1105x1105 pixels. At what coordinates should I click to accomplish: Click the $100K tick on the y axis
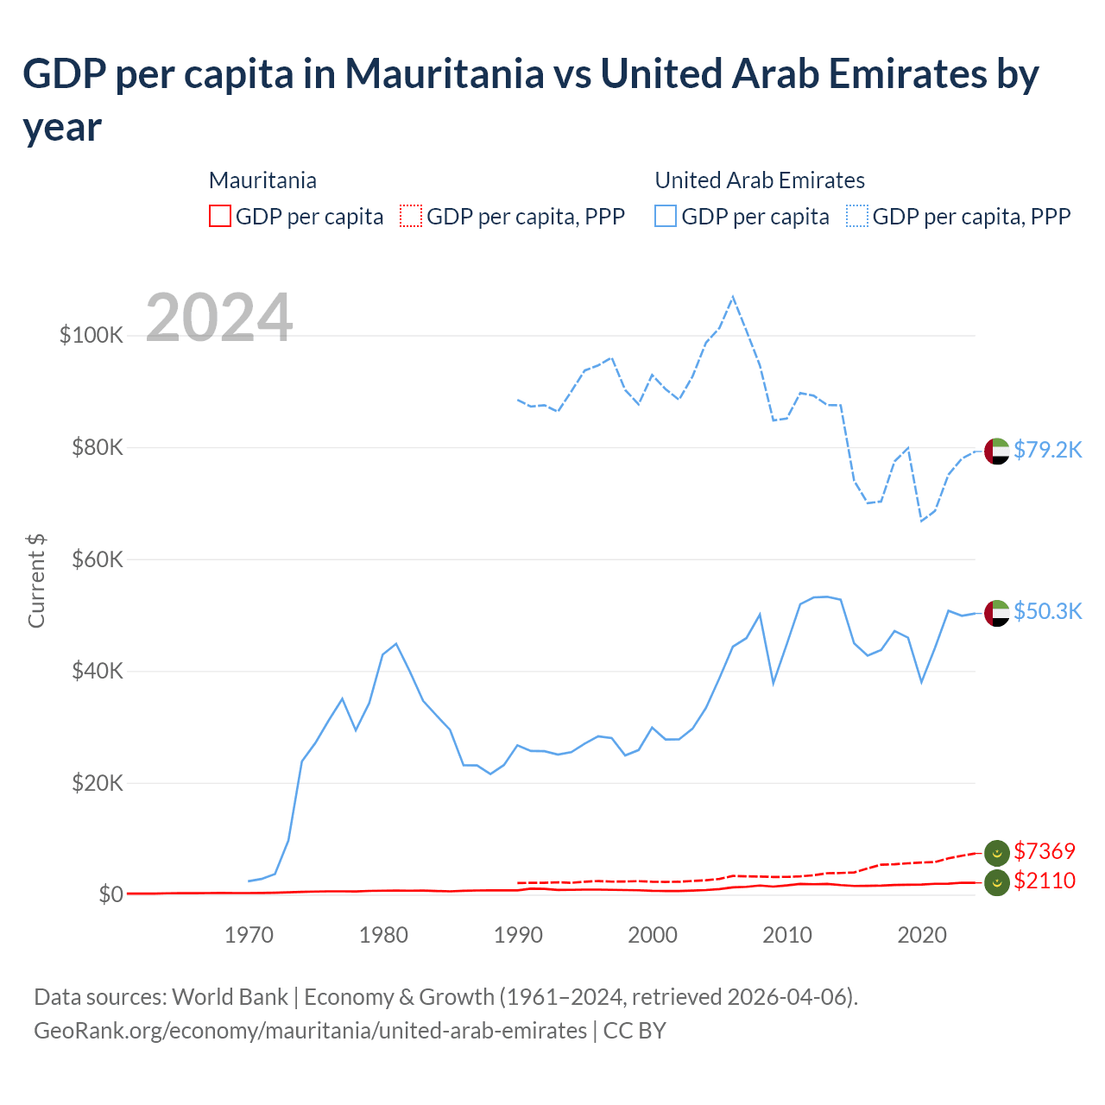pyautogui.click(x=92, y=335)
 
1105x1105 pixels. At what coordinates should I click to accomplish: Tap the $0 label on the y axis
pyautogui.click(x=110, y=894)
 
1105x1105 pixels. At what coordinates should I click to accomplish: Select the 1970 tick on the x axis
pyautogui.click(x=249, y=935)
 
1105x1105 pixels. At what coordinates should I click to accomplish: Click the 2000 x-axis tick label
pyautogui.click(x=653, y=935)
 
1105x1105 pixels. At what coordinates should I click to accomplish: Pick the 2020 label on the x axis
pyautogui.click(x=922, y=935)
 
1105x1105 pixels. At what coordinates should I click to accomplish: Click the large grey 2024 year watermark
pyautogui.click(x=219, y=318)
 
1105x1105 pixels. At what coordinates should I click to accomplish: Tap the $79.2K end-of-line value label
pyautogui.click(x=1047, y=450)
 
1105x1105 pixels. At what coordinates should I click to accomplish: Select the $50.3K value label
pyautogui.click(x=1047, y=611)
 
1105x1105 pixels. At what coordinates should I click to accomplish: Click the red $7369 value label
pyautogui.click(x=1045, y=851)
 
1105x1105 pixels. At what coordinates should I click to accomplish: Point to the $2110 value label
pyautogui.click(x=1045, y=881)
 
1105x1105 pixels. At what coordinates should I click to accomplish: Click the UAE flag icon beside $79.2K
pyautogui.click(x=997, y=451)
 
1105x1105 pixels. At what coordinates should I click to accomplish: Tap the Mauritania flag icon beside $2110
pyautogui.click(x=997, y=882)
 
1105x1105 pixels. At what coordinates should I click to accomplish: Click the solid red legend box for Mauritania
pyautogui.click(x=220, y=216)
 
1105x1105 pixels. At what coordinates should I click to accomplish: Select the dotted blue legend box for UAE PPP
pyautogui.click(x=857, y=216)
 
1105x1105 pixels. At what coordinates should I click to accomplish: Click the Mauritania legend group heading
pyautogui.click(x=262, y=180)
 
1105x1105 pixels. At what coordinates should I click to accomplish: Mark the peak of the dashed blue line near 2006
pyautogui.click(x=733, y=298)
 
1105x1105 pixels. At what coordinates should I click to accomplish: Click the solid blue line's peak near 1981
pyautogui.click(x=396, y=644)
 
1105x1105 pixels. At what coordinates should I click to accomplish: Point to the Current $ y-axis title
pyautogui.click(x=36, y=580)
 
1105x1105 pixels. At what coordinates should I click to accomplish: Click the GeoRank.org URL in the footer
pyautogui.click(x=310, y=1031)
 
